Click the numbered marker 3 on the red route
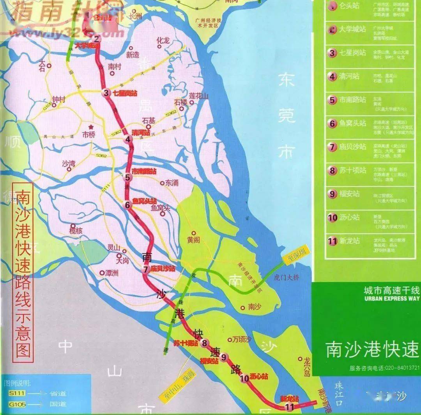pos(106,93)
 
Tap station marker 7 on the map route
pos(146,269)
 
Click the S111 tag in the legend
pos(17,394)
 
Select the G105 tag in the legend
pos(17,405)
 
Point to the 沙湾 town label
pos(69,164)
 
